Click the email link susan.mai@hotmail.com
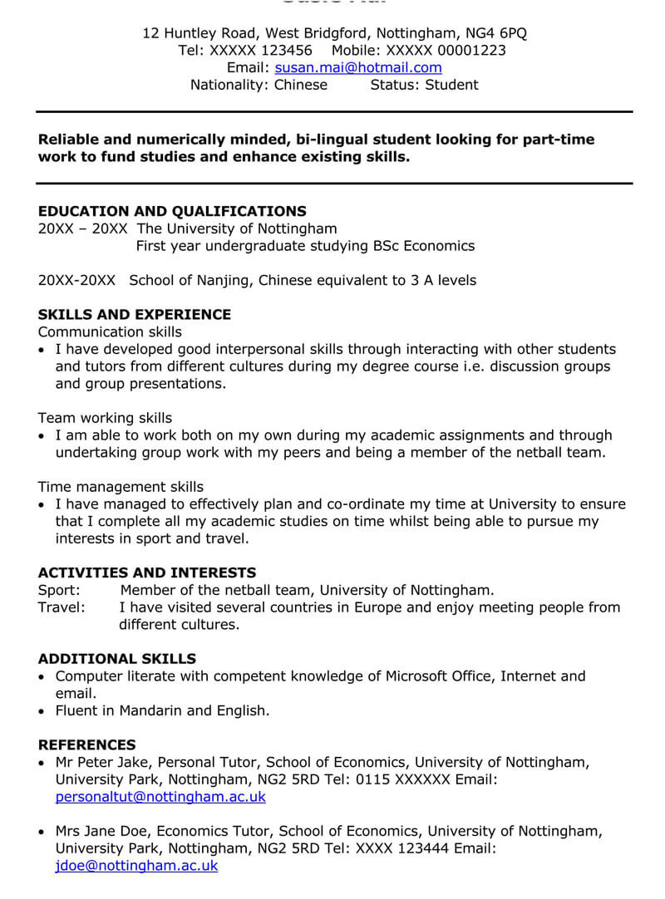(x=357, y=68)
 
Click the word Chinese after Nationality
(x=301, y=85)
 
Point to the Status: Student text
(x=424, y=85)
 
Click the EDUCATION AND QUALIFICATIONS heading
(x=172, y=211)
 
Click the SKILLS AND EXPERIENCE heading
(x=134, y=314)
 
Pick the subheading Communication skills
(x=110, y=332)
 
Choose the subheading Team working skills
(x=105, y=418)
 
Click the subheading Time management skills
(x=121, y=487)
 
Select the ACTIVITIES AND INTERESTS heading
(x=147, y=572)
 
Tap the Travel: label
(x=62, y=607)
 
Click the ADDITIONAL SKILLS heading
(x=117, y=659)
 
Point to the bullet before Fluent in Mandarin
(x=42, y=711)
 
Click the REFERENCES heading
(x=86, y=744)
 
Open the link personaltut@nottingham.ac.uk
(x=160, y=797)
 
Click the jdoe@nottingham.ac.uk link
(x=136, y=866)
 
